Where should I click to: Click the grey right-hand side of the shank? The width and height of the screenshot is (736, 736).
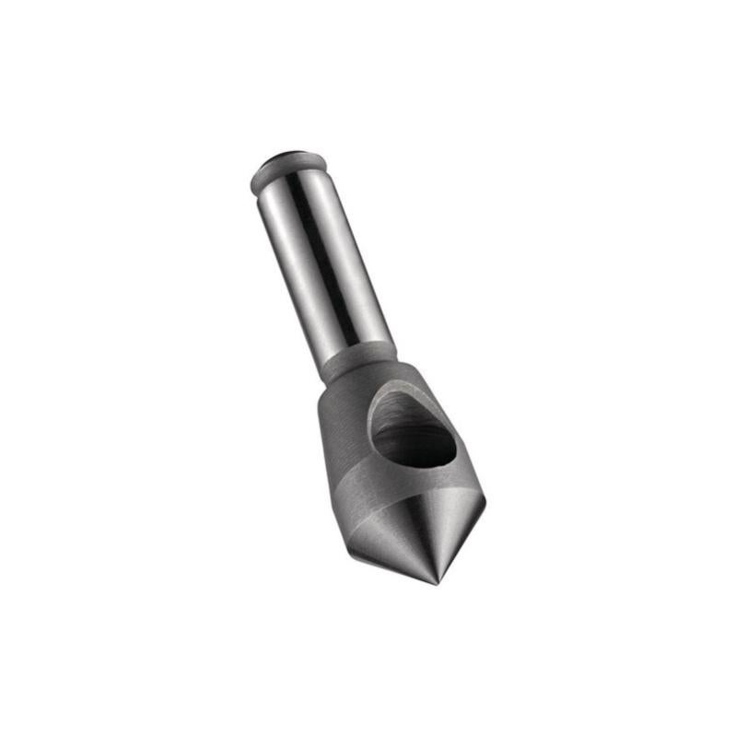368,267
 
